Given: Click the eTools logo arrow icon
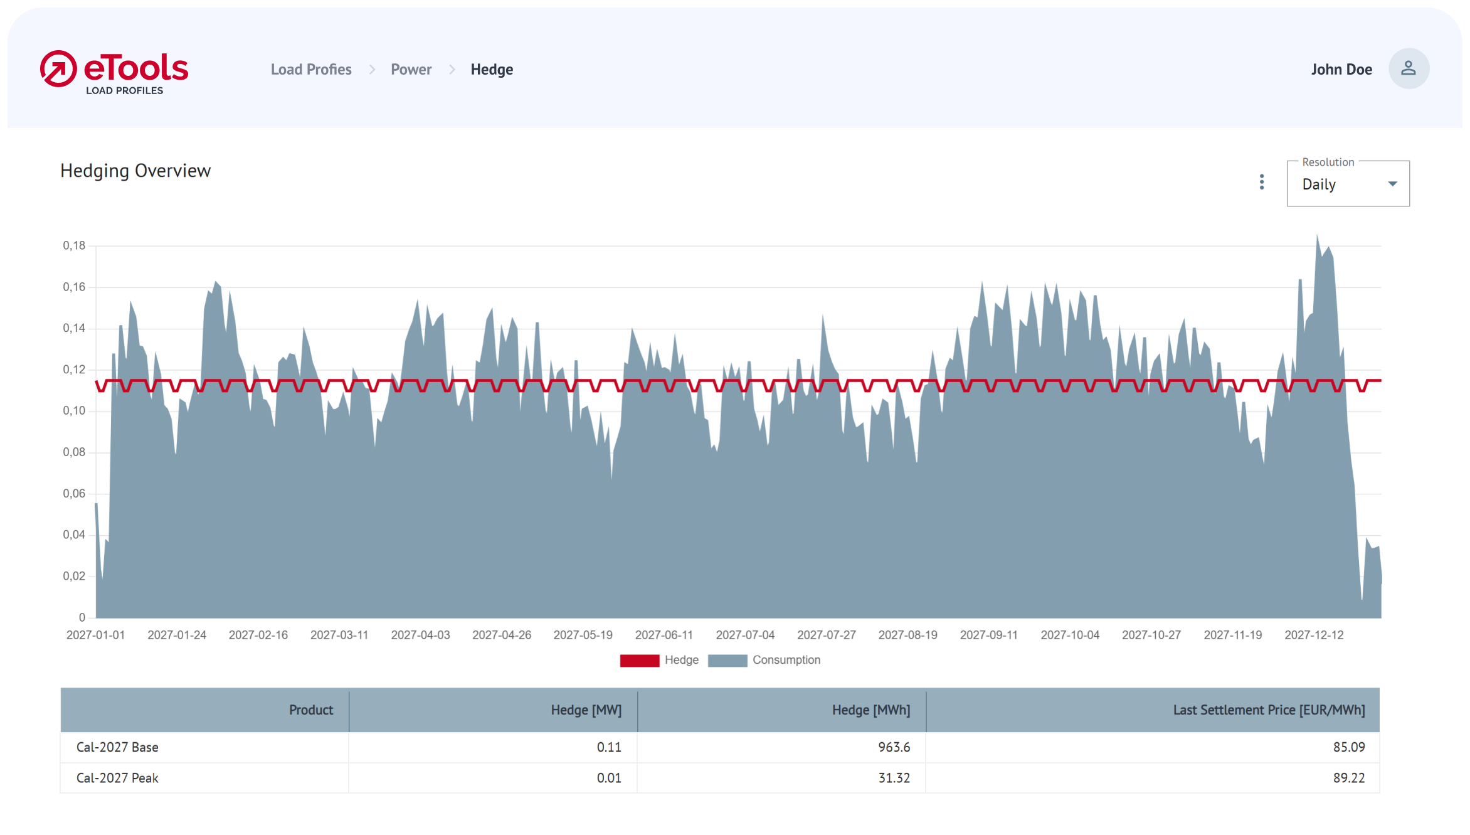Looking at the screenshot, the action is coord(58,69).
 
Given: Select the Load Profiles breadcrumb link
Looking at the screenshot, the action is coord(311,70).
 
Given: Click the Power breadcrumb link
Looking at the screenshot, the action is coord(411,70).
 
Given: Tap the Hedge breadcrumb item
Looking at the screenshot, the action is coord(492,70).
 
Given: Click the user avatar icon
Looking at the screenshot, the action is coord(1409,68).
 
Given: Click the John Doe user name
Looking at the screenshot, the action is coord(1341,70).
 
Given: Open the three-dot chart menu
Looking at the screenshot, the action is coord(1262,182).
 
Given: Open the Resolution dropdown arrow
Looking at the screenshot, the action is coord(1392,184).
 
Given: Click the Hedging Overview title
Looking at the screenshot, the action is coord(135,171).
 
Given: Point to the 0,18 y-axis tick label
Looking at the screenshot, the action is coord(74,245).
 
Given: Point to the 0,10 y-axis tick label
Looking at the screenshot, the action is coord(74,411).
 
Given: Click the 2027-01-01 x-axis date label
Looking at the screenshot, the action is coord(95,635).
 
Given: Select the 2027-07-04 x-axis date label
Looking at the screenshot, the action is coord(745,635).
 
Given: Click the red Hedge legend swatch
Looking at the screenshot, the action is coord(639,661).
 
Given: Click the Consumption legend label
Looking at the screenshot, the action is coord(786,660).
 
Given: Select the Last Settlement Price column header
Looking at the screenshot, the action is coord(1269,710).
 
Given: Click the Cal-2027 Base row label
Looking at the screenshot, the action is coord(117,747).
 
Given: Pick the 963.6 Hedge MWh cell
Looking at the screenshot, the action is coord(894,747).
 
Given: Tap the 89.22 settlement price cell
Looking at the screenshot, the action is coord(1349,778).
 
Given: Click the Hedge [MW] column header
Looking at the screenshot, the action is coord(586,710).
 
